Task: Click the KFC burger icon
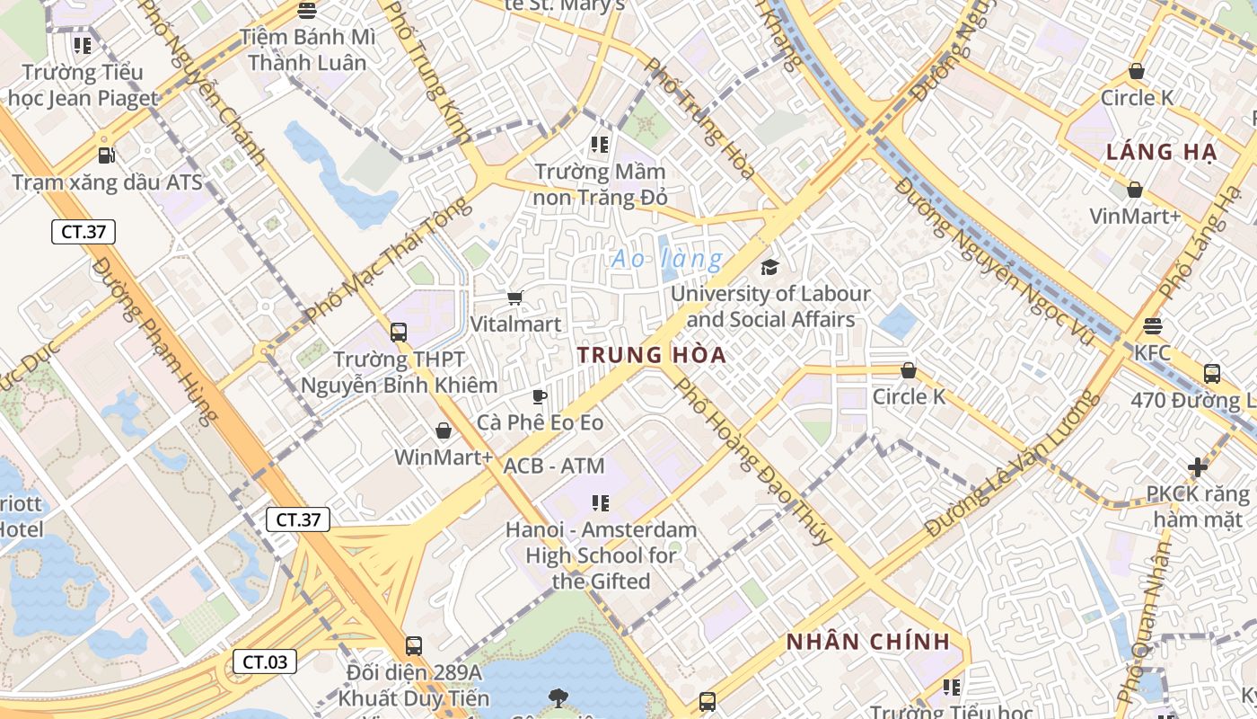[1153, 326]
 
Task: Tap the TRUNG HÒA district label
[652, 355]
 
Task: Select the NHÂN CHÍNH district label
[867, 642]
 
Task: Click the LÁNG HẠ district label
[1161, 152]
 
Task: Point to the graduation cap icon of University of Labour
[769, 267]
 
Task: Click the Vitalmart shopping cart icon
[515, 297]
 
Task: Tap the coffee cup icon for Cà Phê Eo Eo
[539, 396]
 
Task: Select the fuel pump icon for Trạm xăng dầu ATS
[106, 155]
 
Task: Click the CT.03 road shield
[265, 662]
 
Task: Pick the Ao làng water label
[666, 260]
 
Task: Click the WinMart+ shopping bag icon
[443, 431]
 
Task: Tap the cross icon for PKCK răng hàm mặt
[1197, 467]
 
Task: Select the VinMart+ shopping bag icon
[1135, 190]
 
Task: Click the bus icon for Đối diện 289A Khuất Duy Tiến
[413, 645]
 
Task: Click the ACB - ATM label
[554, 466]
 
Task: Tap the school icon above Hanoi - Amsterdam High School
[600, 503]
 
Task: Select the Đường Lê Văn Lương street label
[1012, 465]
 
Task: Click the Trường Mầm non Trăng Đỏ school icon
[600, 144]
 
